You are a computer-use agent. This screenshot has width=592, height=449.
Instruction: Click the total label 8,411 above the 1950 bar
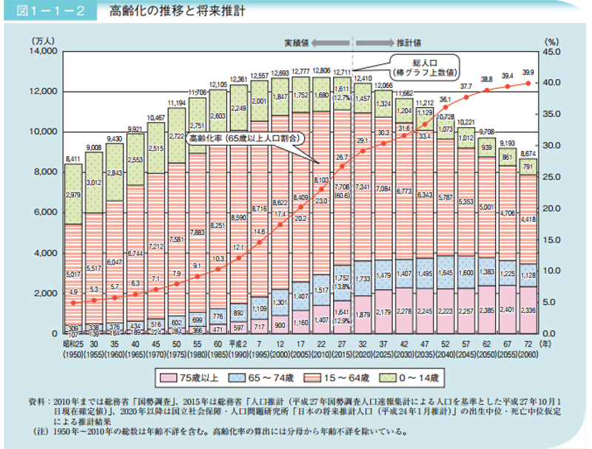[73, 158]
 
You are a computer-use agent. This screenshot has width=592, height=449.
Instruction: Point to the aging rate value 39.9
[528, 72]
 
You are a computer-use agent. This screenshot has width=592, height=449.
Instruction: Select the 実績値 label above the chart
[301, 42]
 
